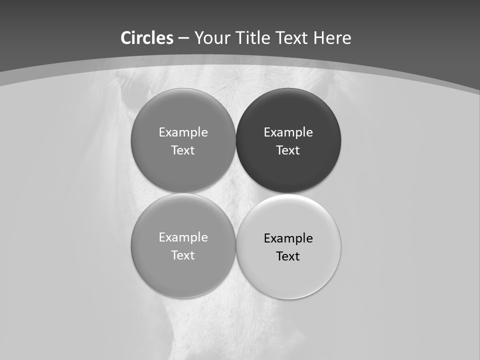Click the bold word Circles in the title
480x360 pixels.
coord(147,38)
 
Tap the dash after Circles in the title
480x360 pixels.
coord(183,38)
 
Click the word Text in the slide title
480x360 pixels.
coord(292,38)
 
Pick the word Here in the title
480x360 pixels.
coord(332,38)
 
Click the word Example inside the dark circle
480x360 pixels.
coord(288,132)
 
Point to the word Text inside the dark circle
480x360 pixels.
coord(288,150)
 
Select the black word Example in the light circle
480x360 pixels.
coord(288,238)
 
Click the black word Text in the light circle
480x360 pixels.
coord(288,256)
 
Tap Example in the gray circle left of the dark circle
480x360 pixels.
coord(183,132)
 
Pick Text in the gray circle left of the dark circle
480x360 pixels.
coord(183,150)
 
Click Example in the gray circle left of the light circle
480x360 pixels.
coord(183,237)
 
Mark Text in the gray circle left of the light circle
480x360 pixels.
coord(183,255)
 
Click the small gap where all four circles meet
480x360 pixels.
coord(236,193)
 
